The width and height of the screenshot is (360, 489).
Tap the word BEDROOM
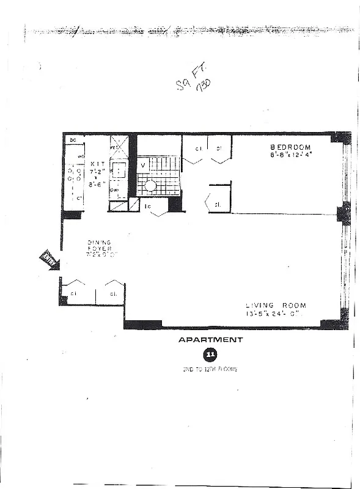coord(291,147)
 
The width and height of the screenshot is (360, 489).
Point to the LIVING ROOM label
coord(276,306)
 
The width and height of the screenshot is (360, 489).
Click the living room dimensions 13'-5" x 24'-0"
coord(276,314)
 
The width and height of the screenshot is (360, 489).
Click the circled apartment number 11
coord(210,354)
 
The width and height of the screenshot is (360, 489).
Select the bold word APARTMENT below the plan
coord(210,339)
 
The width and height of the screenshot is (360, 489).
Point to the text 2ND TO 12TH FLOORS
coord(210,370)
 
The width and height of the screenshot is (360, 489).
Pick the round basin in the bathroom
coord(150,185)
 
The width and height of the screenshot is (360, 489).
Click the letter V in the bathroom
coord(143,165)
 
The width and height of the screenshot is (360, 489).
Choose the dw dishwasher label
coord(114,190)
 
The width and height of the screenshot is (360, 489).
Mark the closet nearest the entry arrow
coord(73,293)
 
